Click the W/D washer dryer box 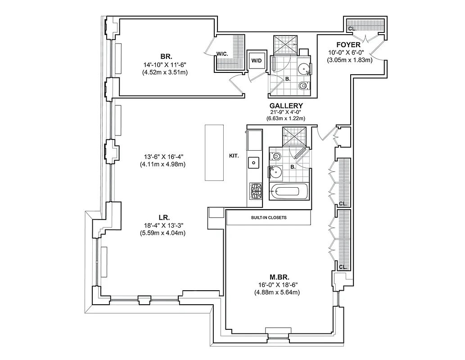[257, 60]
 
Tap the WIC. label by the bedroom [222, 54]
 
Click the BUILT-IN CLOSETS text [269, 217]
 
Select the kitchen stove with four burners [256, 191]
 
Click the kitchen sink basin [255, 162]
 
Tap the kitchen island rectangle [214, 153]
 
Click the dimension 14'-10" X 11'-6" [165, 65]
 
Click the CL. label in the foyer [353, 28]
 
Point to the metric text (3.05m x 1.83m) [350, 59]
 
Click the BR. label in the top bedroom [165, 57]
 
